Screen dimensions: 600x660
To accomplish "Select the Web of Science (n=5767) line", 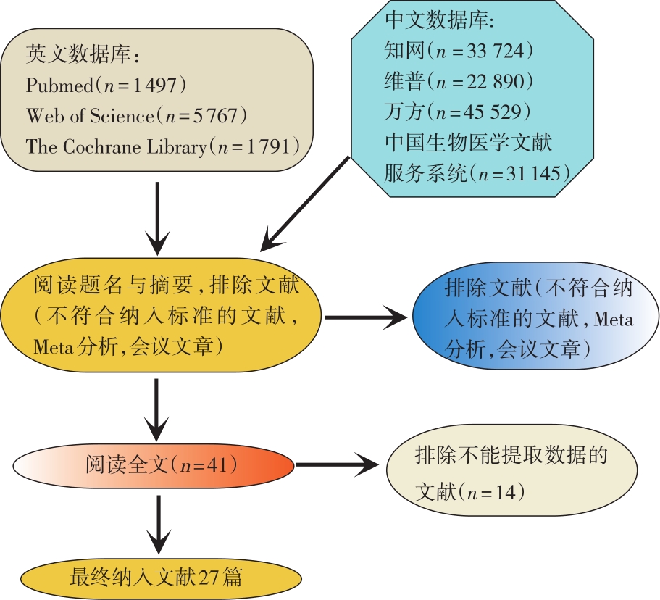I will [x=137, y=116].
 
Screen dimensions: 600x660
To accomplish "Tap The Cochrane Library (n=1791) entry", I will [x=163, y=146].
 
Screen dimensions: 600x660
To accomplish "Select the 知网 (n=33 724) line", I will [x=459, y=52].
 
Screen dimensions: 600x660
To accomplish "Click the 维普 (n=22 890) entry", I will [x=459, y=82].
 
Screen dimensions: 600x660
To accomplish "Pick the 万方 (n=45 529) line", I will [x=459, y=112].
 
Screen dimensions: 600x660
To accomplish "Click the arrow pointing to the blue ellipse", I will [x=367, y=317].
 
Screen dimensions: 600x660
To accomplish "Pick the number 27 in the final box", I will [x=209, y=578].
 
